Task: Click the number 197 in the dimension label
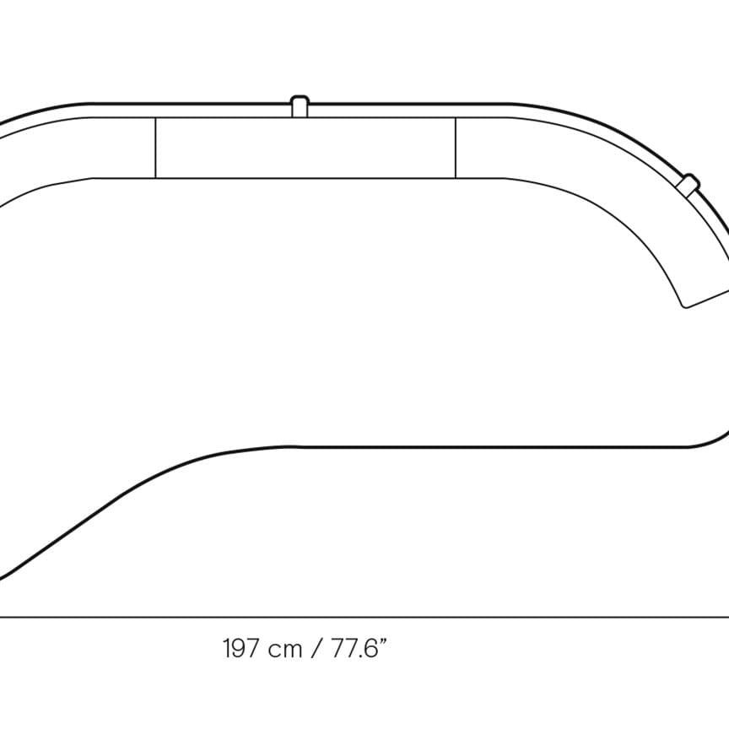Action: (240, 648)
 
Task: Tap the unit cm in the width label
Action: (285, 650)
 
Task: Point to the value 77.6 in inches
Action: (354, 648)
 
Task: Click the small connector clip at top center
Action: (300, 106)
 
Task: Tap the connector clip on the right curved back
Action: (688, 184)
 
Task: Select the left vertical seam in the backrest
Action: (155, 148)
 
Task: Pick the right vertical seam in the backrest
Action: (456, 148)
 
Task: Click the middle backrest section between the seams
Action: (305, 148)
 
